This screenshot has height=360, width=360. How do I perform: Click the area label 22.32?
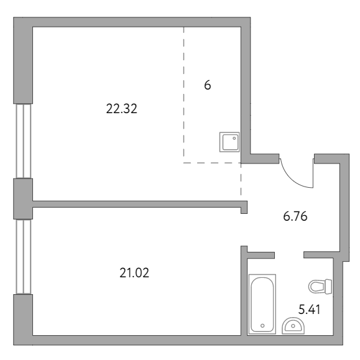121,109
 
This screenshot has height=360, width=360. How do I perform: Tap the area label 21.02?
134,273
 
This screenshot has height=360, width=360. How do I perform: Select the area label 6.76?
295,216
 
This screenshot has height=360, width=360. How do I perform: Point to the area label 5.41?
309,309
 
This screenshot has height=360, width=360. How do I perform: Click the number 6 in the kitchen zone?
207,85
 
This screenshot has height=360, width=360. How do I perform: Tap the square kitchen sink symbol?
229,142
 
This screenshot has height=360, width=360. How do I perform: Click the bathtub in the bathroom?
262,304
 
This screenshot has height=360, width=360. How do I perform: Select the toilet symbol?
320,287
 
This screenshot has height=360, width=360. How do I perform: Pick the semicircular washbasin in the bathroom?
293,326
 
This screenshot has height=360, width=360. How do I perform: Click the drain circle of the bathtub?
262,326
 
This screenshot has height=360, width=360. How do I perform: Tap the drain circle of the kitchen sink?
234,138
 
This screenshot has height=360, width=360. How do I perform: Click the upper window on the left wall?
23,141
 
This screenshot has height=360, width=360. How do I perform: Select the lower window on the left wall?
23,257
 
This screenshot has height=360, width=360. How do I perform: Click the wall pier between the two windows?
23,199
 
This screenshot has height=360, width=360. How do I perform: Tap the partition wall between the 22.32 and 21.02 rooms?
140,204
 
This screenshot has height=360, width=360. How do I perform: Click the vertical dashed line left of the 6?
183,92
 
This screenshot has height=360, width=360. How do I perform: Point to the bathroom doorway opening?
289,255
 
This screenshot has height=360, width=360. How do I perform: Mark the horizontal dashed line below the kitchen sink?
212,163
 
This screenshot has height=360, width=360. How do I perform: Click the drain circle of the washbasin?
293,326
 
